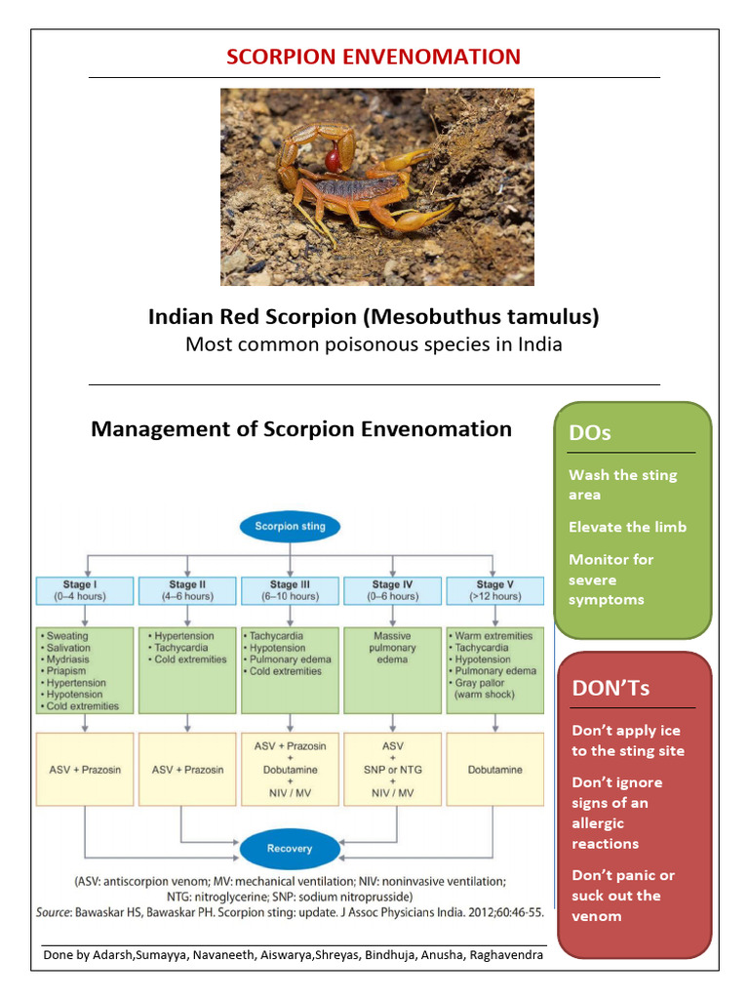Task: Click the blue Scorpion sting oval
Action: (290, 527)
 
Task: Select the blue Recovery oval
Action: (290, 848)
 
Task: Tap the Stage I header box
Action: (87, 590)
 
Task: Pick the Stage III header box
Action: (290, 590)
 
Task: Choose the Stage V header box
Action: (494, 590)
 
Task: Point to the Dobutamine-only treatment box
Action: (494, 770)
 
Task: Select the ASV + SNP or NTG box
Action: (392, 770)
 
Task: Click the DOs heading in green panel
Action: (591, 432)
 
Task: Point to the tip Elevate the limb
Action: (627, 527)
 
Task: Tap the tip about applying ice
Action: (627, 740)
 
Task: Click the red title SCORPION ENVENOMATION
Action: (374, 57)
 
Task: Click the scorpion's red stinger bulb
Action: (334, 157)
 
